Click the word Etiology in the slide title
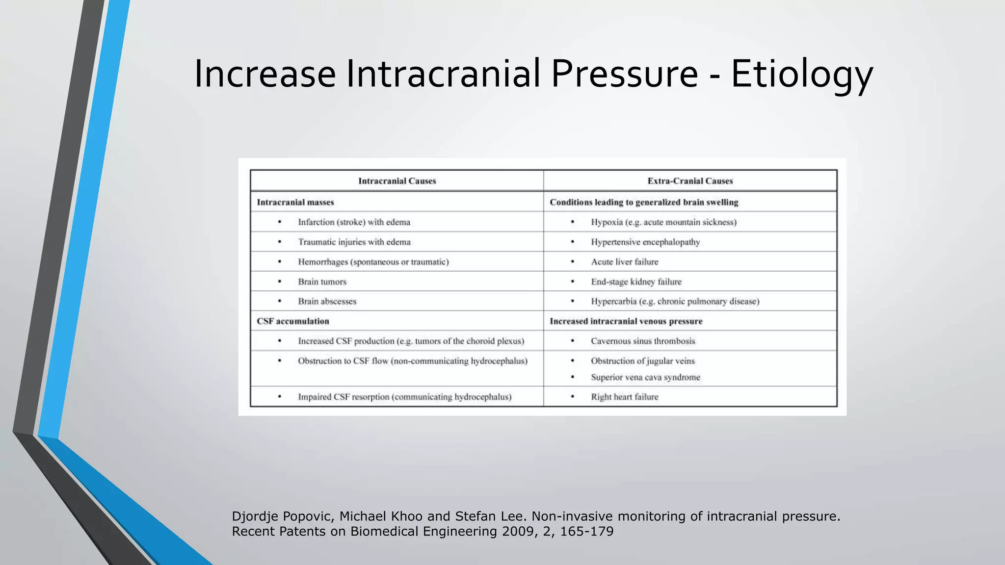802,75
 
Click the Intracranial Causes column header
397,181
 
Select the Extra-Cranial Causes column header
690,181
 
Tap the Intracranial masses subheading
295,202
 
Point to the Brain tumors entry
322,282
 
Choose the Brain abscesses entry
327,301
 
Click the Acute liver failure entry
624,262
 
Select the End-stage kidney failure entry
636,282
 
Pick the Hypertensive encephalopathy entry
645,242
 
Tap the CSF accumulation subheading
293,321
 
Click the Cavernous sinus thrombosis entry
643,341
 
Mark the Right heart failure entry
624,397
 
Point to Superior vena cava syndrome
645,377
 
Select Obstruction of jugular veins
643,361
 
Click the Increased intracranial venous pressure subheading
626,321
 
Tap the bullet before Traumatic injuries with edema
280,242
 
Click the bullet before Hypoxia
572,222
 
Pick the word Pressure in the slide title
624,75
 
